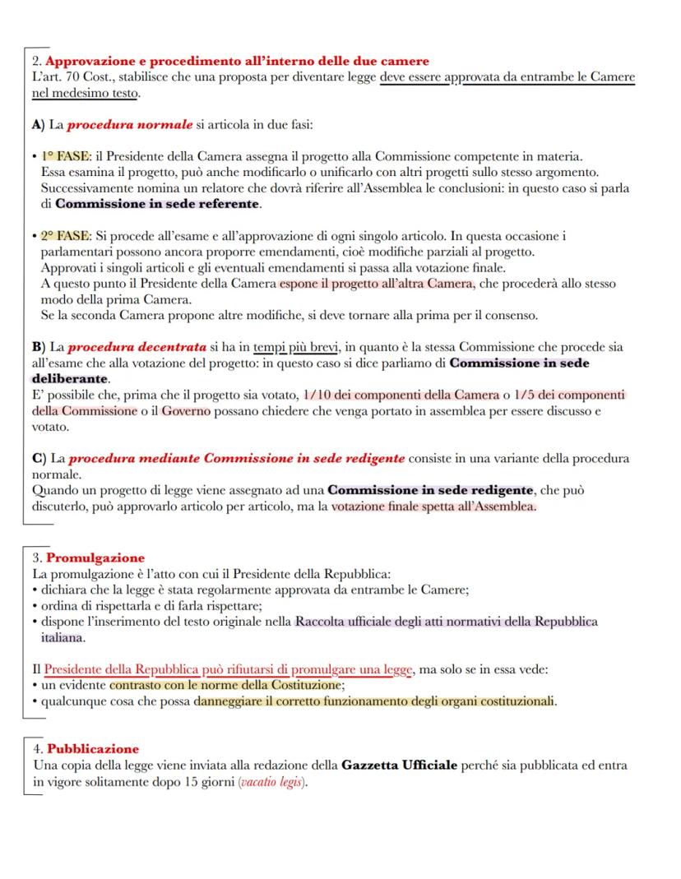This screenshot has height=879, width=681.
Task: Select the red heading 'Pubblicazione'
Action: (92, 749)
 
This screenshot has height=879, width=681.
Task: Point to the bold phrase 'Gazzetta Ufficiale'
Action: (398, 766)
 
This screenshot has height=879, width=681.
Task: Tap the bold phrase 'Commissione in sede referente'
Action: (157, 203)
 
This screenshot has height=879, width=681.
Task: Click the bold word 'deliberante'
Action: (70, 379)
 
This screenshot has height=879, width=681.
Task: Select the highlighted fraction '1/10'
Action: (317, 396)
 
